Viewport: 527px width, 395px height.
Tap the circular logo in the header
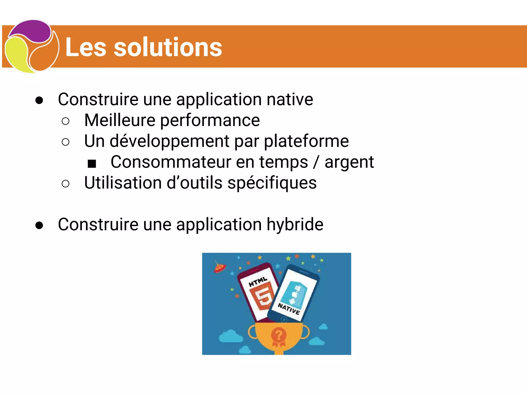pyautogui.click(x=31, y=47)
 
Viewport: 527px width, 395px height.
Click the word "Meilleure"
pyautogui.click(x=120, y=120)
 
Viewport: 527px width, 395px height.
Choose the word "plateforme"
pyautogui.click(x=306, y=141)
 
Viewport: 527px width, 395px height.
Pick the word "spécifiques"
pyautogui.click(x=272, y=183)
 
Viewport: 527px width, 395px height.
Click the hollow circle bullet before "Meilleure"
pyautogui.click(x=66, y=121)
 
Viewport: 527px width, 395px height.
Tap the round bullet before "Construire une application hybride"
pyautogui.click(x=39, y=226)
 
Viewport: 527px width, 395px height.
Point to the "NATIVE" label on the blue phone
pyautogui.click(x=289, y=309)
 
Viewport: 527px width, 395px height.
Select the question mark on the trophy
pyautogui.click(x=278, y=335)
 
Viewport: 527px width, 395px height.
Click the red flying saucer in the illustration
pyautogui.click(x=219, y=268)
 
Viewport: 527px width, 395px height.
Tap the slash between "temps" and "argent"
pyautogui.click(x=316, y=163)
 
